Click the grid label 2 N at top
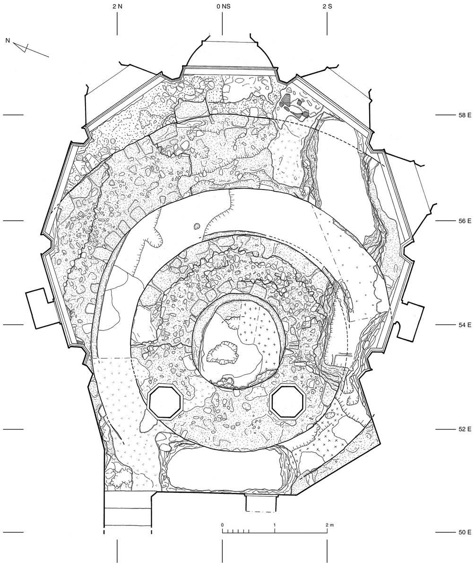coord(117,7)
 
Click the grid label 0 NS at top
coord(222,7)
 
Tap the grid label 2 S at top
coord(327,7)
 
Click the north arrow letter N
coord(8,41)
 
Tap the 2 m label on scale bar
coord(328,525)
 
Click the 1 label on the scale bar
coord(275,525)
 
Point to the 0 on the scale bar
coord(222,525)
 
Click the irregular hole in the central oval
coord(222,353)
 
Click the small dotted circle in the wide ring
coord(198,226)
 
